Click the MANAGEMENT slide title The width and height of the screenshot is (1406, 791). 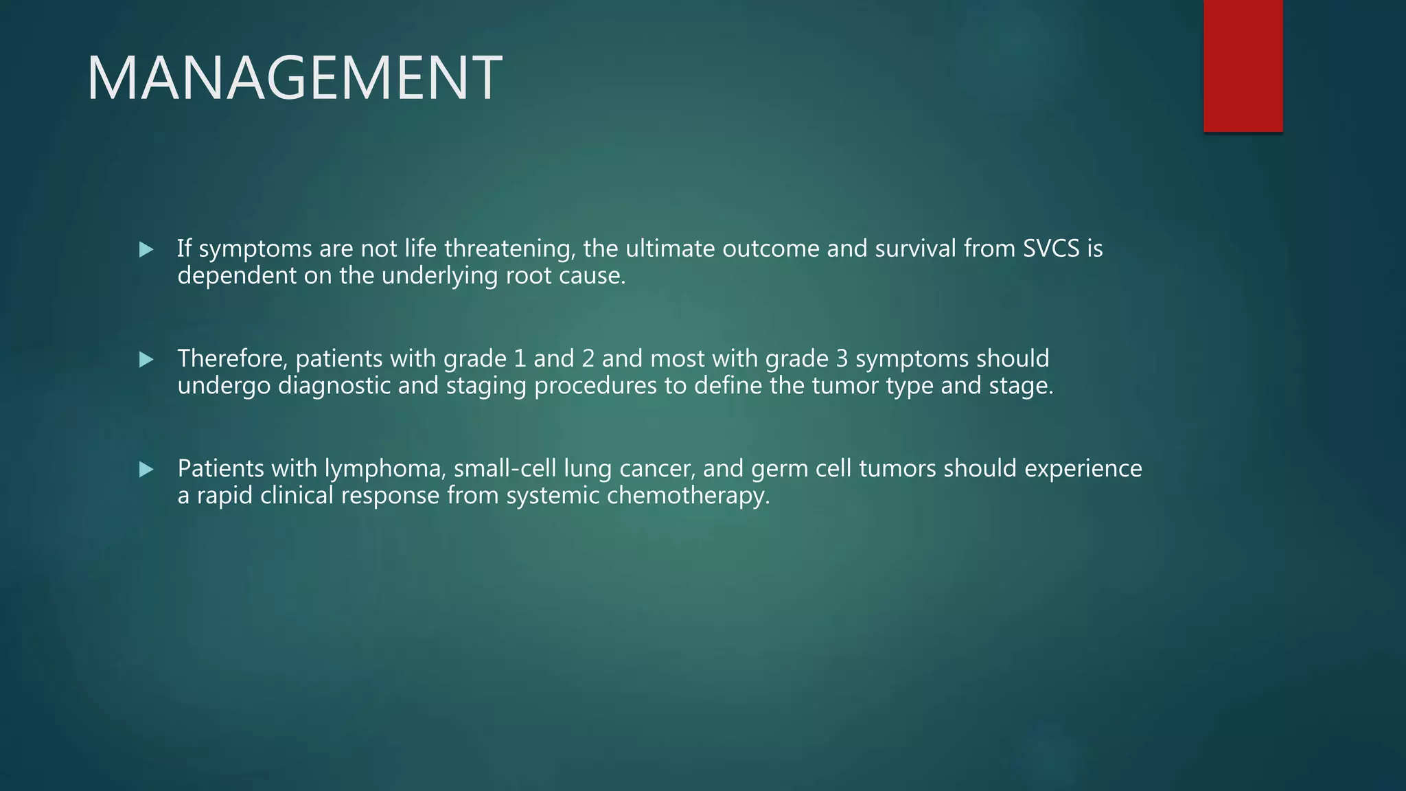(294, 78)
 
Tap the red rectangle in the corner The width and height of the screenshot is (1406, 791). (1243, 66)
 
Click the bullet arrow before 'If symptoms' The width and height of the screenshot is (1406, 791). (146, 249)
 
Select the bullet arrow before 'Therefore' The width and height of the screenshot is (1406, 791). (146, 359)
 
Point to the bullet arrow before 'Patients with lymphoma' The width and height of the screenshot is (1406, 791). (146, 470)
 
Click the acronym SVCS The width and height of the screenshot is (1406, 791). (1051, 249)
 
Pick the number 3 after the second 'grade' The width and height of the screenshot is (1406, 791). (842, 358)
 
